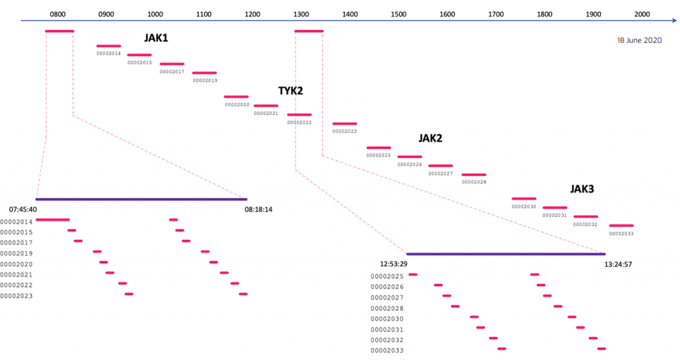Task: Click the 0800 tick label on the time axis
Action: click(x=58, y=15)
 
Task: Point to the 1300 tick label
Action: click(x=301, y=15)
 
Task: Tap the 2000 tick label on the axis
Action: click(x=642, y=15)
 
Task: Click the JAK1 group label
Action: click(x=156, y=38)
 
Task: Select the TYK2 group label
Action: click(x=291, y=90)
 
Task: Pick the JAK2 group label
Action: click(x=430, y=138)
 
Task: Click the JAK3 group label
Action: click(x=582, y=189)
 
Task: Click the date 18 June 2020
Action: click(x=639, y=41)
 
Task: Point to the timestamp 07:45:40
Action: click(x=23, y=210)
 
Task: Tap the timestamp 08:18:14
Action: click(x=258, y=210)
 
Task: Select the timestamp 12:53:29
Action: click(x=394, y=264)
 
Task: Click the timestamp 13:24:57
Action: click(x=618, y=264)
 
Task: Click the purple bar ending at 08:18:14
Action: click(x=141, y=199)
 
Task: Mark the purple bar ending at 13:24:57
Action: click(x=505, y=254)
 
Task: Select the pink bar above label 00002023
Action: click(x=345, y=124)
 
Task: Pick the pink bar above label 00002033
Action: click(x=622, y=226)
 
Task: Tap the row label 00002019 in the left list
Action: click(x=17, y=254)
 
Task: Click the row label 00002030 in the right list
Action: click(x=387, y=319)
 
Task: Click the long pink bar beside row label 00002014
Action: click(x=52, y=220)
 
